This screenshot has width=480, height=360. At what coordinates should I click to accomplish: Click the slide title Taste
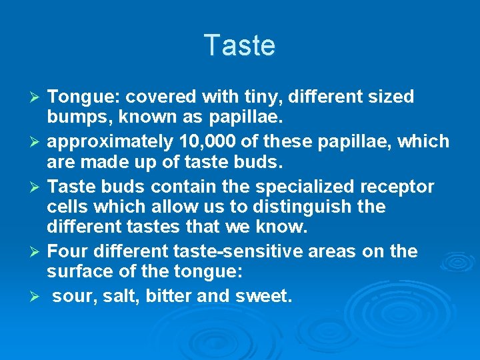click(239, 45)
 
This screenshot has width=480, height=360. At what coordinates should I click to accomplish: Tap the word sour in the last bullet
click(74, 296)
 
